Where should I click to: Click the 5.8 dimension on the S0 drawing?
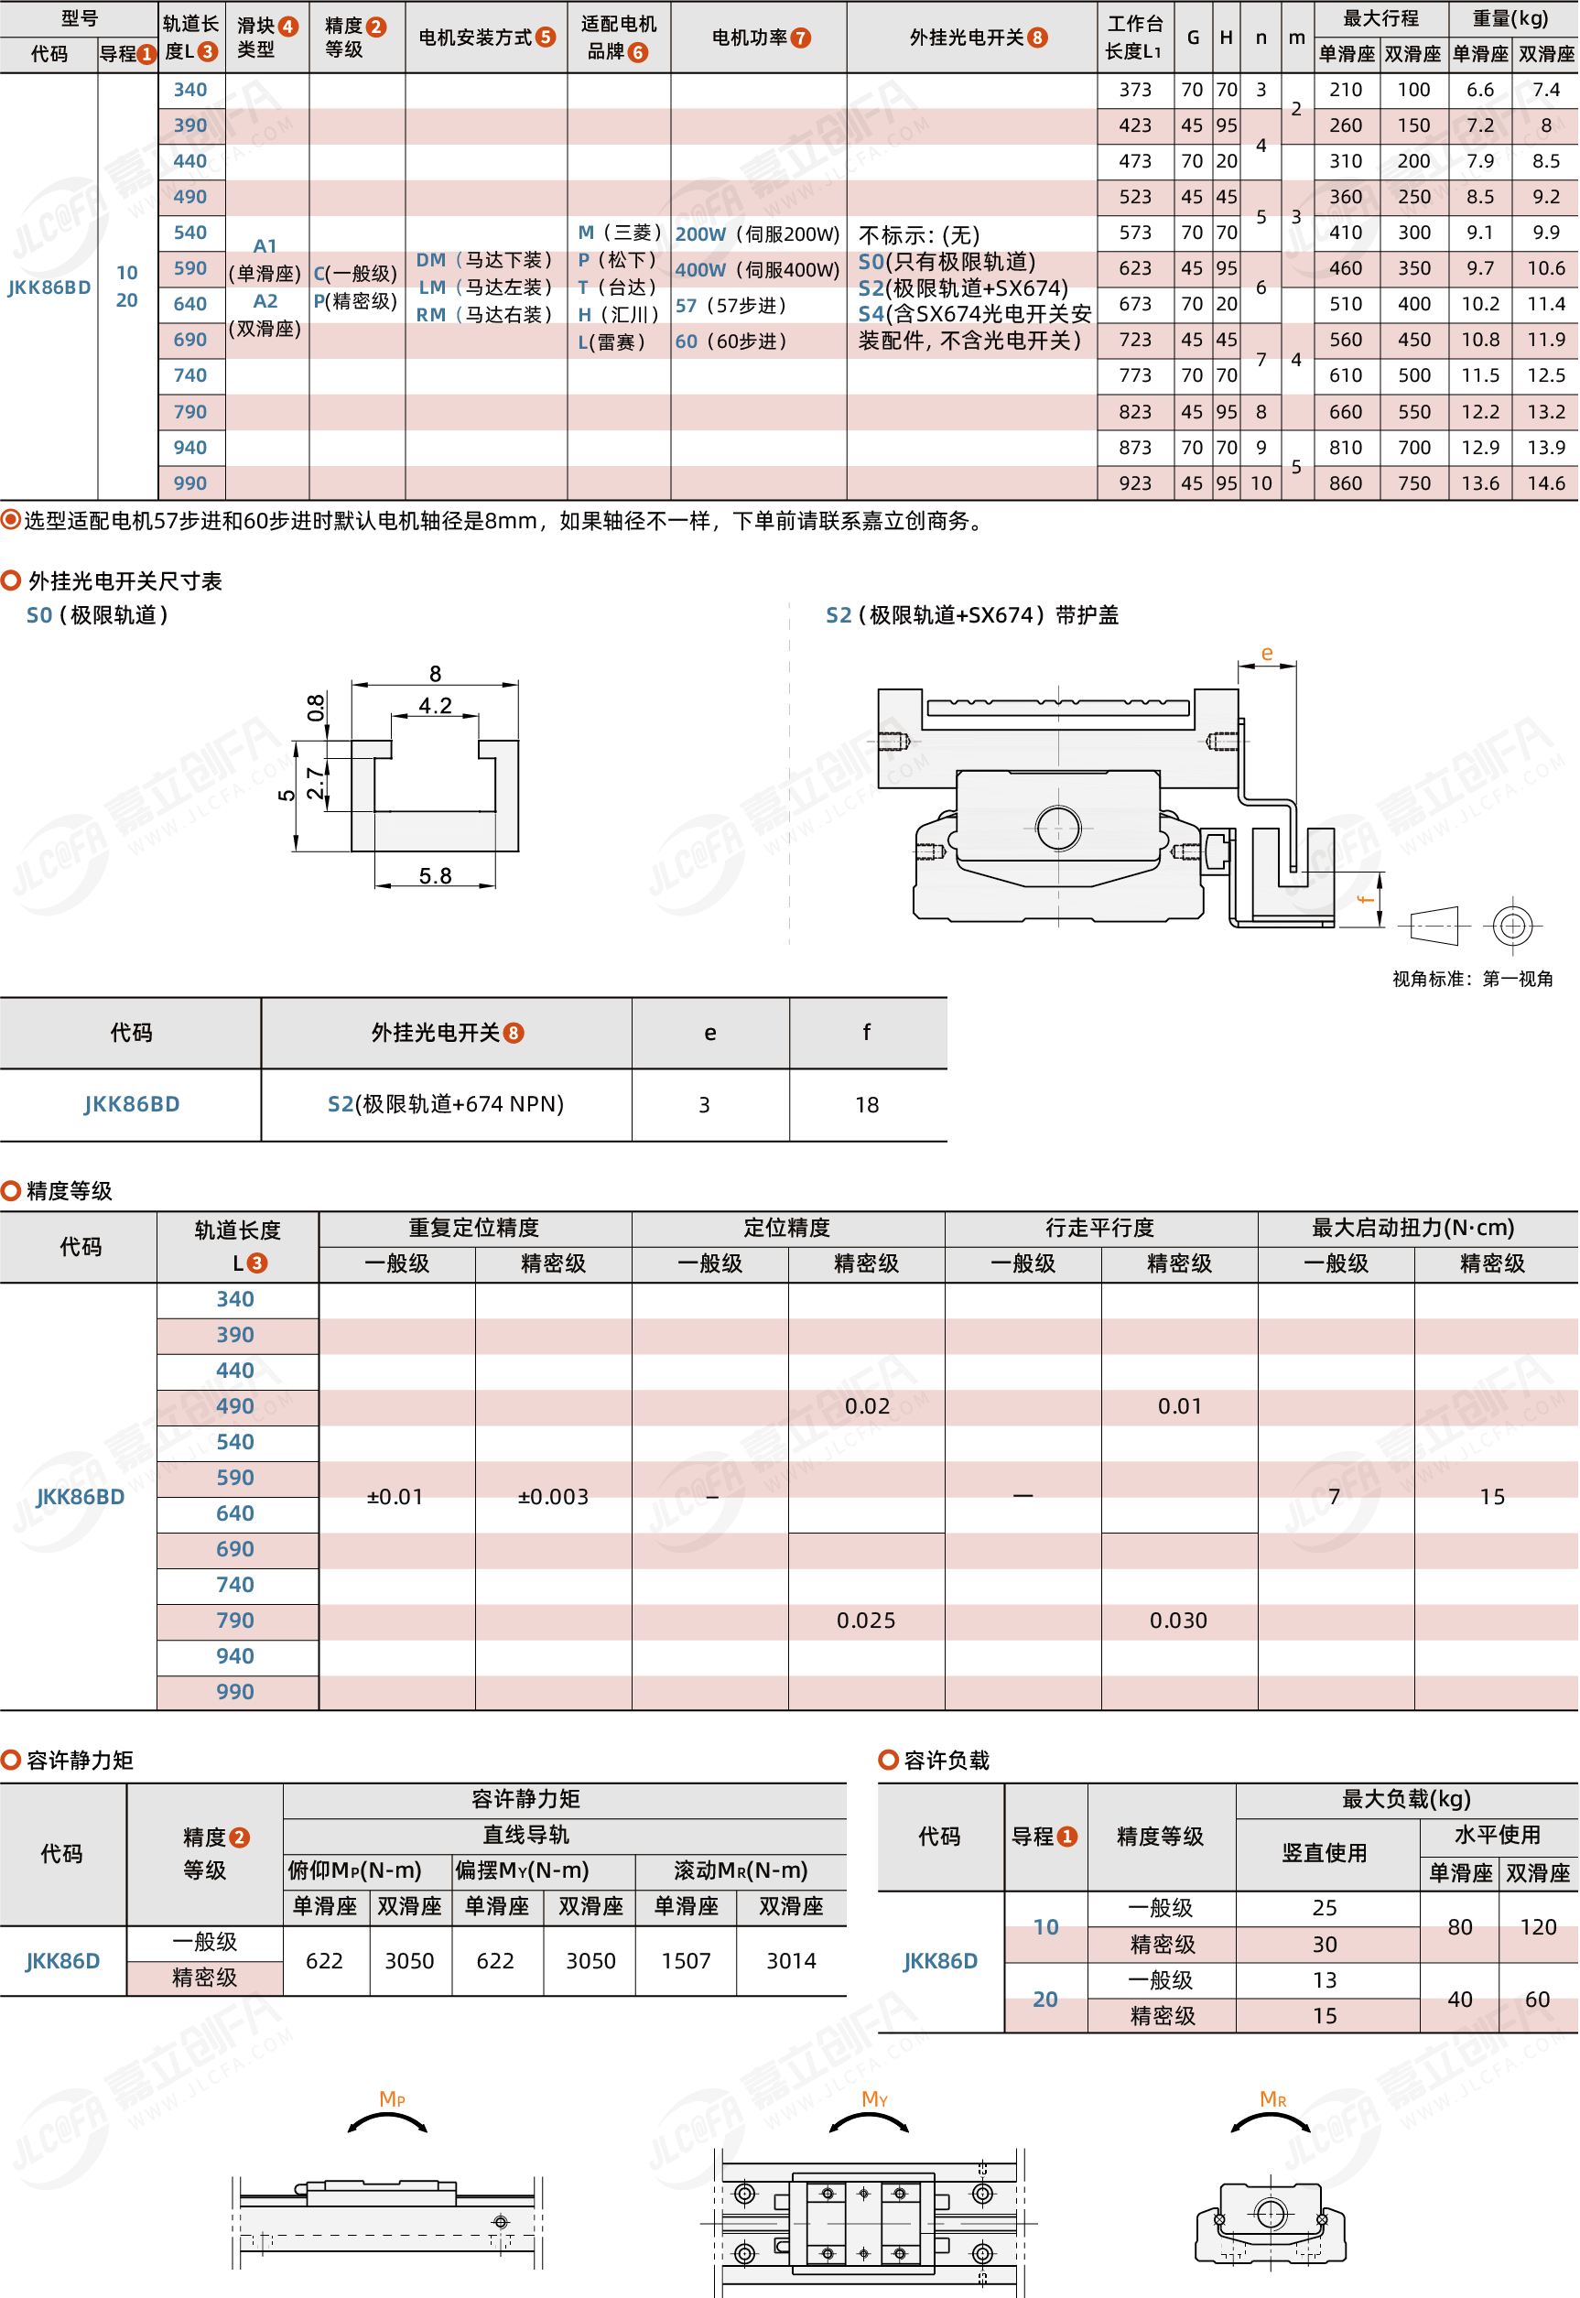coord(435,875)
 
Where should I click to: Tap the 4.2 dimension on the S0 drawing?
coord(435,705)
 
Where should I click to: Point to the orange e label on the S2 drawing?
coord(1266,653)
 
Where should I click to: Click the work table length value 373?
coord(1134,89)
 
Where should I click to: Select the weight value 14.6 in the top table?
coord(1545,483)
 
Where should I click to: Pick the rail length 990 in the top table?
coord(190,483)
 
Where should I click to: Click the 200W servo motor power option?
coord(757,233)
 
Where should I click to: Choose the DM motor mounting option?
coord(483,259)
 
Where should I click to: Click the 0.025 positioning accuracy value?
coord(865,1620)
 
